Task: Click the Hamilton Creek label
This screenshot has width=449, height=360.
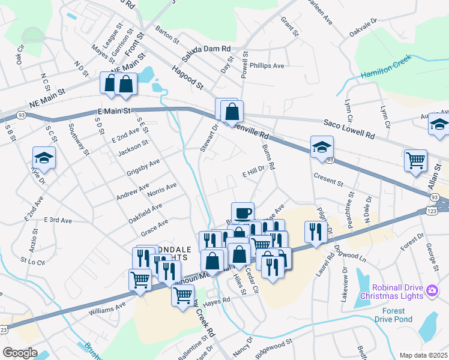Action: [385, 68]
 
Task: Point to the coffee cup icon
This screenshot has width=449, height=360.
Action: [243, 212]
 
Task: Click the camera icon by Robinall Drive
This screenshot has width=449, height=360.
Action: [431, 291]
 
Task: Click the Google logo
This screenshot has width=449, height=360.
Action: [19, 353]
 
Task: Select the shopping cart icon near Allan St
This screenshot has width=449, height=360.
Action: [415, 160]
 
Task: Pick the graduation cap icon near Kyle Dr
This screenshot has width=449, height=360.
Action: [44, 157]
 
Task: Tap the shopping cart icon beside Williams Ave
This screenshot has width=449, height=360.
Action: [140, 278]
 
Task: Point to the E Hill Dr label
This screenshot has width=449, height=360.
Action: [253, 172]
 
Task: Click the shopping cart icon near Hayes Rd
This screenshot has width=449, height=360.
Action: [183, 295]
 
